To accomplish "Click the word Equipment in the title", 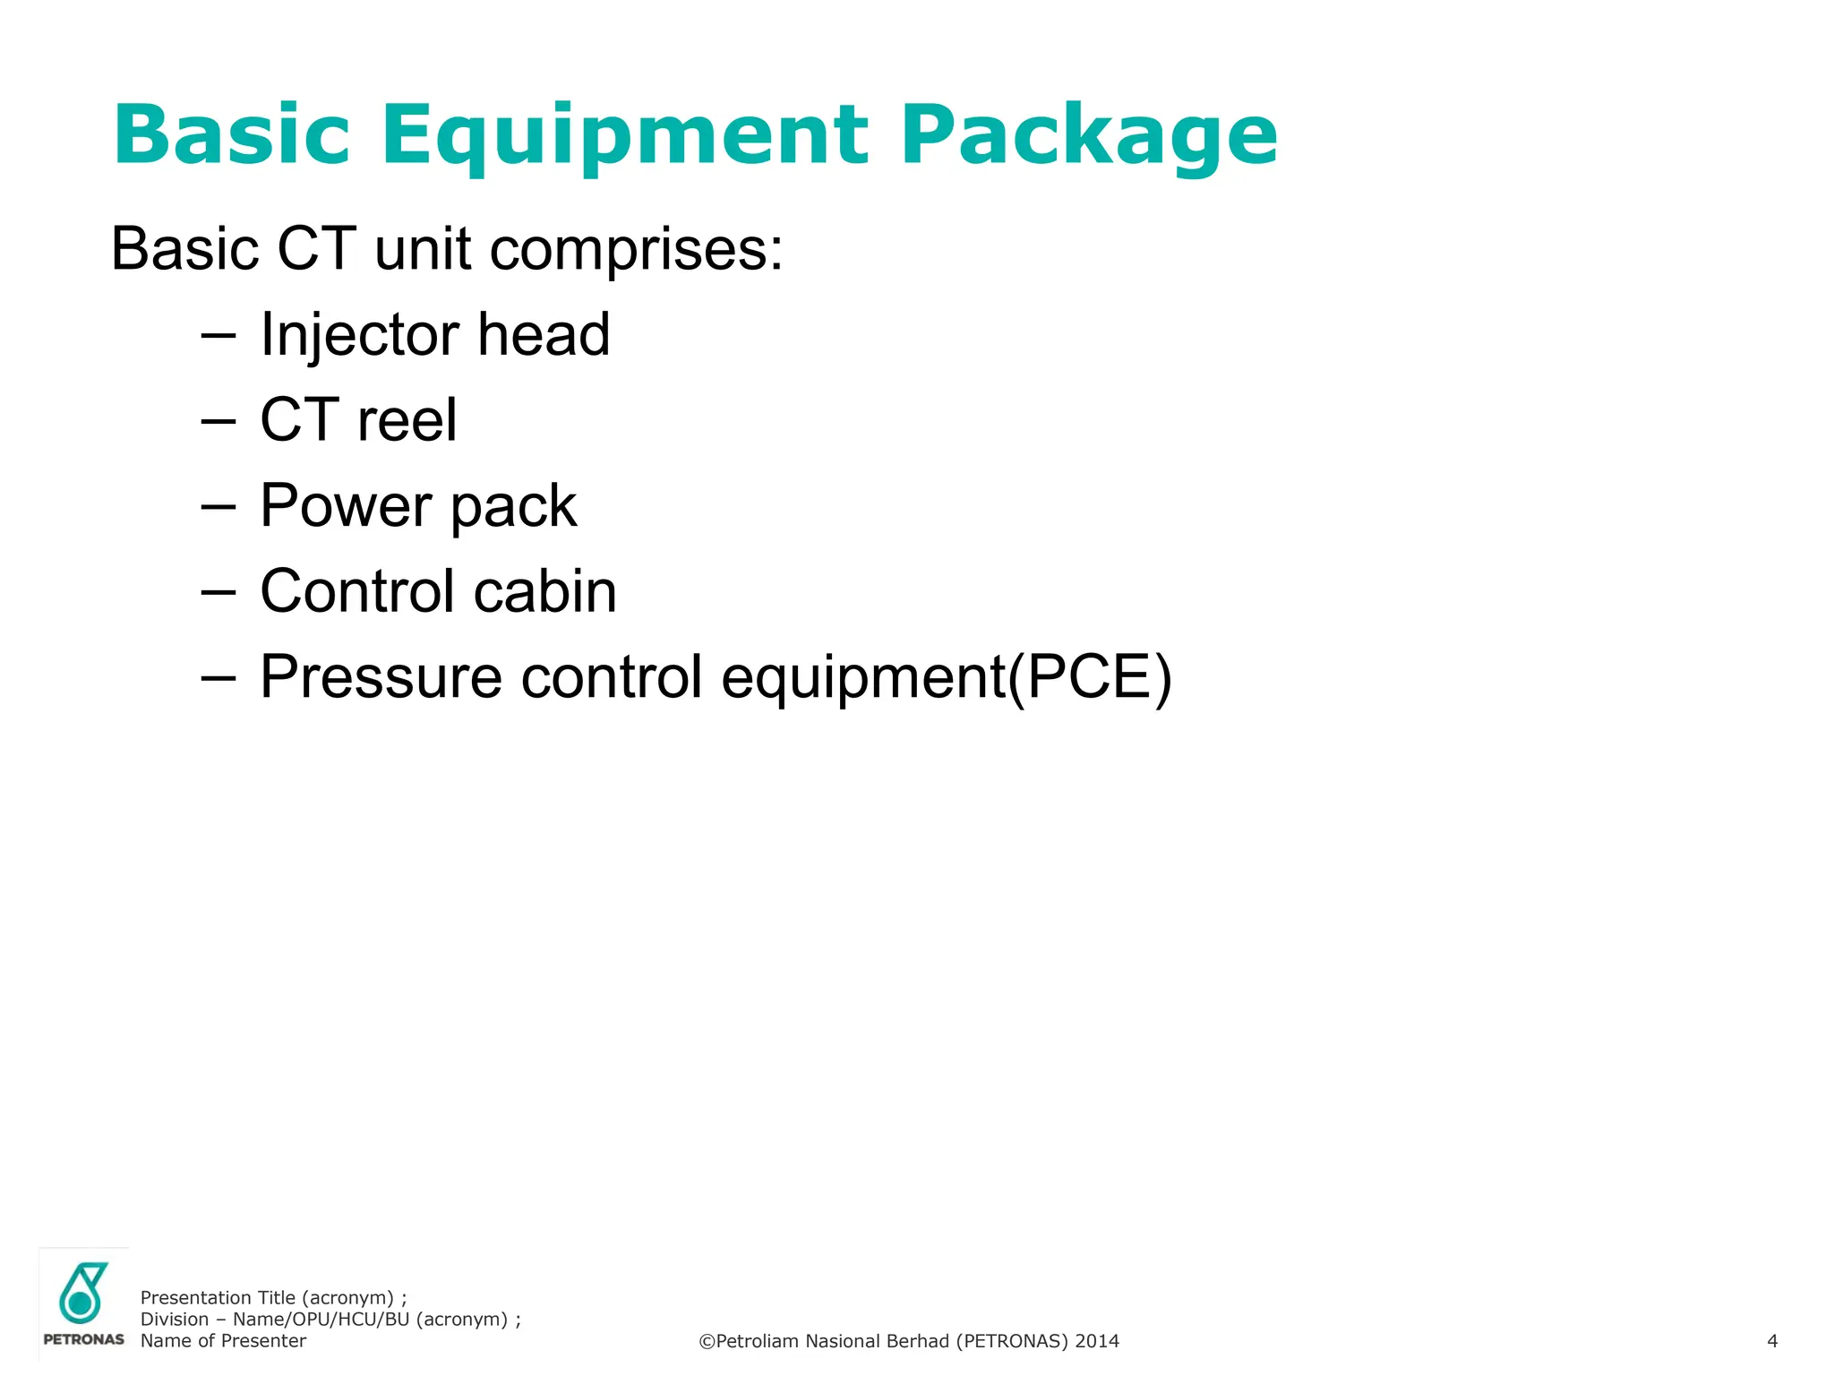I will pyautogui.click(x=625, y=136).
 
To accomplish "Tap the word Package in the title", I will pyautogui.click(x=1089, y=136).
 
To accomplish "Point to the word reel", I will pyautogui.click(x=407, y=420).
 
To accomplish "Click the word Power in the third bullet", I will pyautogui.click(x=345, y=505).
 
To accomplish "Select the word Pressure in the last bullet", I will pyautogui.click(x=381, y=676).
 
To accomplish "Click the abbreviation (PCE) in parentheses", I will pyautogui.click(x=1090, y=676).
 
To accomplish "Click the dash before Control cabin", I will pyautogui.click(x=219, y=593).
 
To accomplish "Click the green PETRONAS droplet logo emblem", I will pyautogui.click(x=82, y=1293).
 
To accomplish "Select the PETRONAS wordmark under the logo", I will pyautogui.click(x=83, y=1340).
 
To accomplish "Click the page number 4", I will pyautogui.click(x=1772, y=1341).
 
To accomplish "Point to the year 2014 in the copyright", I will pyautogui.click(x=1097, y=1341).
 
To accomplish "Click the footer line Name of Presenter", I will pyautogui.click(x=223, y=1341).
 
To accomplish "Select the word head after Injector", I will pyautogui.click(x=544, y=335).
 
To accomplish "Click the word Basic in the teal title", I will pyautogui.click(x=231, y=136).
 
